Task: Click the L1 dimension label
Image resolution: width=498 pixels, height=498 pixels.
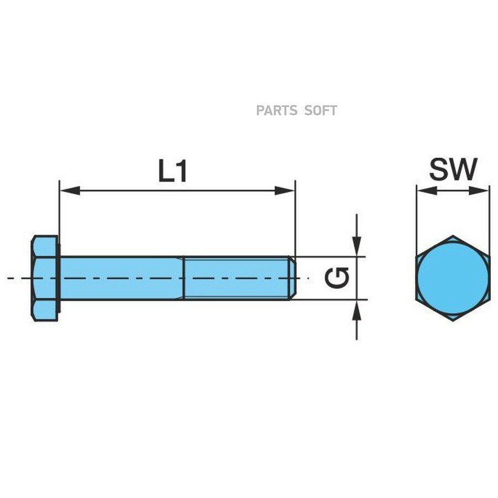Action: tap(173, 171)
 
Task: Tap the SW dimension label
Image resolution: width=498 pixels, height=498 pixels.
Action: tap(453, 169)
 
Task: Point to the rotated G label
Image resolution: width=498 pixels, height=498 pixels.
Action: tap(337, 278)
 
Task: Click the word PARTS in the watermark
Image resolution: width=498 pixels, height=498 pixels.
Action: tap(277, 111)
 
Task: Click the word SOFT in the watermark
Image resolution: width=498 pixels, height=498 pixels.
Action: tap(320, 111)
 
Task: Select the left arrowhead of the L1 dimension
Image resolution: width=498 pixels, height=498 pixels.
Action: tap(70, 190)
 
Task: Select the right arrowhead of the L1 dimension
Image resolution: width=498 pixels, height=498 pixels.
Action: tap(285, 190)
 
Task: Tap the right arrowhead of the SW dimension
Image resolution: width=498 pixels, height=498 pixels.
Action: tap(479, 190)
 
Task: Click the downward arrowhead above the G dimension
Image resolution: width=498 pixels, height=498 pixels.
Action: tap(357, 246)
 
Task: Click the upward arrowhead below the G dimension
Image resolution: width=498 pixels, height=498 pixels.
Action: tap(357, 310)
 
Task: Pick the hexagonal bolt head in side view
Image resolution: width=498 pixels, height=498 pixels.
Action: tap(44, 278)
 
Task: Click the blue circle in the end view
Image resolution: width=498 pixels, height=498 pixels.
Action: tap(453, 278)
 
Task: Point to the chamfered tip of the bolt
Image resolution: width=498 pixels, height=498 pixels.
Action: tap(293, 278)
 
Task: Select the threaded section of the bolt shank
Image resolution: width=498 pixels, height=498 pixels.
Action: tap(237, 278)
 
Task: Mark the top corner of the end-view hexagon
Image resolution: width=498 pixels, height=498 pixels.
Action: tap(453, 236)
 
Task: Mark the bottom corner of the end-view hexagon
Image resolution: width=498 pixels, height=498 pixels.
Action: tap(453, 321)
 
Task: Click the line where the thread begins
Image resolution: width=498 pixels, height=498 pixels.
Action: tap(184, 278)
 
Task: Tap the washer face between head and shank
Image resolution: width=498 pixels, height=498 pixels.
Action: tap(59, 278)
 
